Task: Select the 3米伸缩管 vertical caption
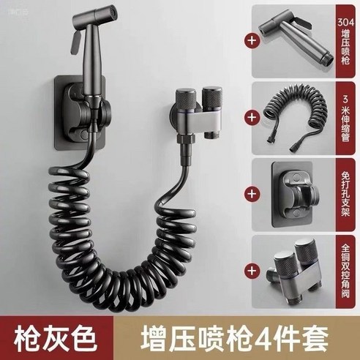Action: click(x=345, y=116)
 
